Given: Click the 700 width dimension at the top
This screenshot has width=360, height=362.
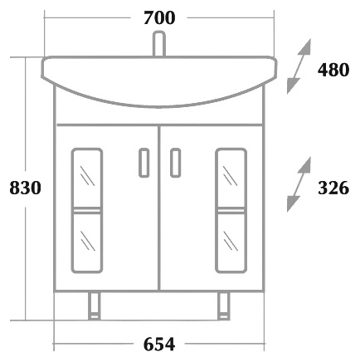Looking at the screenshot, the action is (159, 18).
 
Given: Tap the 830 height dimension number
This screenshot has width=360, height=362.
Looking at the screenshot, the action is (25, 188).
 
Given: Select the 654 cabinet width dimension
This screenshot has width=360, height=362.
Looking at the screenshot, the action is (159, 345).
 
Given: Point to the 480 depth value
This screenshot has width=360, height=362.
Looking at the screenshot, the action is (333, 70).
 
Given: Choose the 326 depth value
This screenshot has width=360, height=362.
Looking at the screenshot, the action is (333, 188).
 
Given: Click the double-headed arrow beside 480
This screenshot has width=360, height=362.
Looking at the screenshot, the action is (299, 66).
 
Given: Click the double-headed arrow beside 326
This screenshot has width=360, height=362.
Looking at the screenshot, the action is (299, 184).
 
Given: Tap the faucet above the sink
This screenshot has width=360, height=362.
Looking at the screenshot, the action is (159, 44).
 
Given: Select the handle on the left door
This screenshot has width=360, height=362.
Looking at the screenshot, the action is (144, 163).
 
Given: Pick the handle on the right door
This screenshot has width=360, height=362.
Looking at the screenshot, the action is (175, 163).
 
